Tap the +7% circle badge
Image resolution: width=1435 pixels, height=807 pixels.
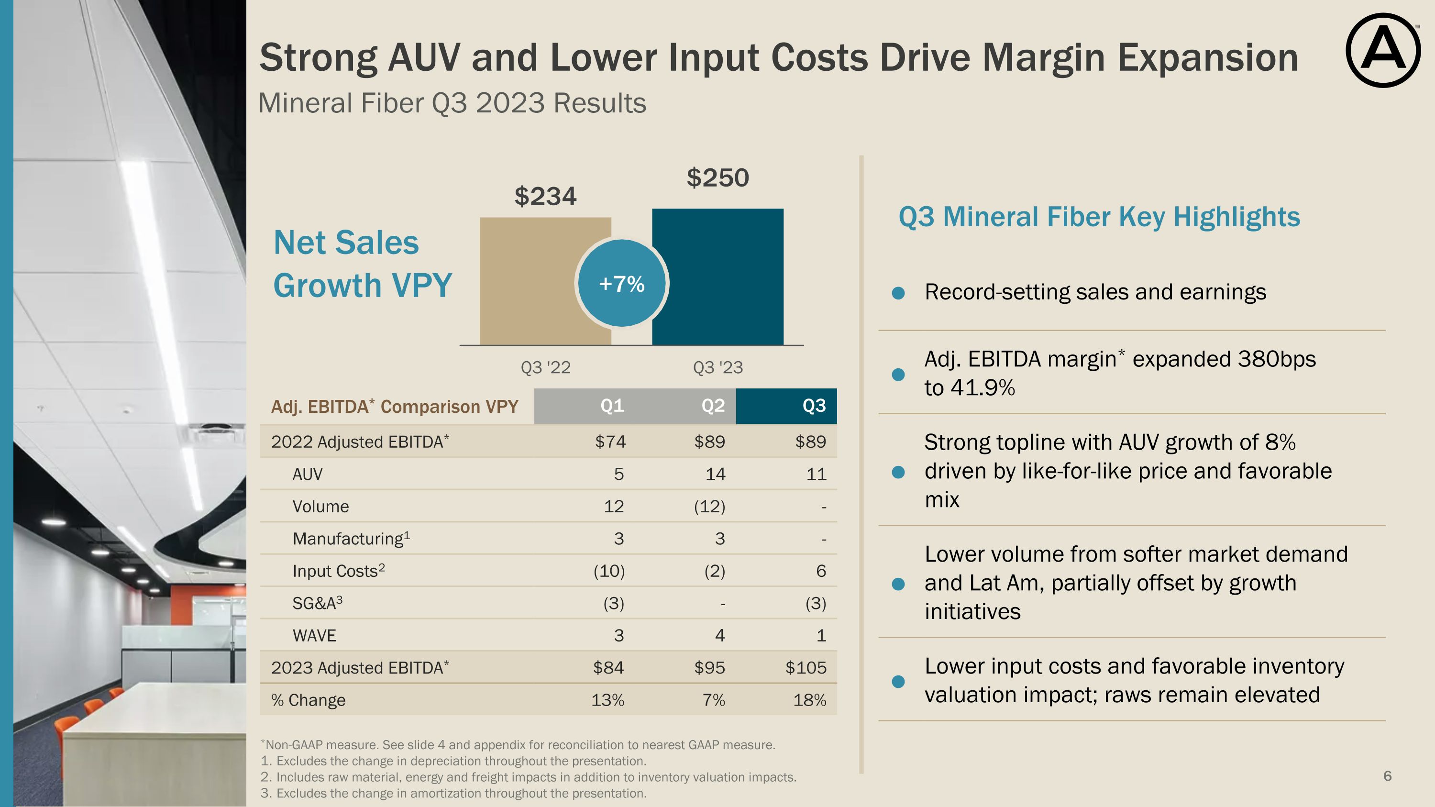622,284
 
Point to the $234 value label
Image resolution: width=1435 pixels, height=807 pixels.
545,197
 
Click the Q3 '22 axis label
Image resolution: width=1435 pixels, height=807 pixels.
545,367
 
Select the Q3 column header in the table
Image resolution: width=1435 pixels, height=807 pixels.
813,406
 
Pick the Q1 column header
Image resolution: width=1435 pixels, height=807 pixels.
612,406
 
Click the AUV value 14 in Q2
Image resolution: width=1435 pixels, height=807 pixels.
715,474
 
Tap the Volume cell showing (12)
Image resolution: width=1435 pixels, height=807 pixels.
709,506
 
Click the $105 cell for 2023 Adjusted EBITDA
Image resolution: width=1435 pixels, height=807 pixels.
806,668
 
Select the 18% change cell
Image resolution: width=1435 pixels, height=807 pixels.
809,700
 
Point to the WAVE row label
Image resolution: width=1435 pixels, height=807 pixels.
314,635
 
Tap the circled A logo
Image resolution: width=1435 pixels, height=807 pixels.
1383,50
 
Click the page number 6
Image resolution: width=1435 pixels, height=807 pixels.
1387,776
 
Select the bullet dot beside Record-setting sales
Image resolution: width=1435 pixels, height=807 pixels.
898,293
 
